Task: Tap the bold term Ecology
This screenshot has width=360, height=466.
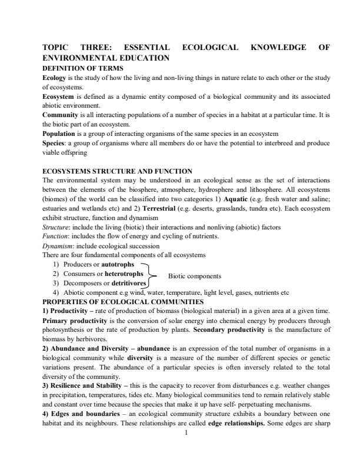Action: point(54,77)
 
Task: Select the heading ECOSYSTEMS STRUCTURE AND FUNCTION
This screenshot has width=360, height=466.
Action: point(117,171)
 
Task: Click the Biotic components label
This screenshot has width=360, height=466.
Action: point(195,275)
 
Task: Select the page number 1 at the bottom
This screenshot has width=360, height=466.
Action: point(186,417)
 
